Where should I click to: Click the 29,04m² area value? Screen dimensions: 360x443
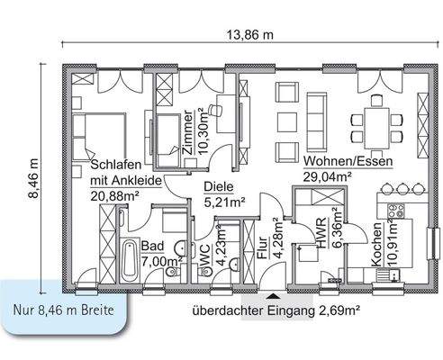[x=327, y=177]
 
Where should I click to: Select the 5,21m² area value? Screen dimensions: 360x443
[x=225, y=202]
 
